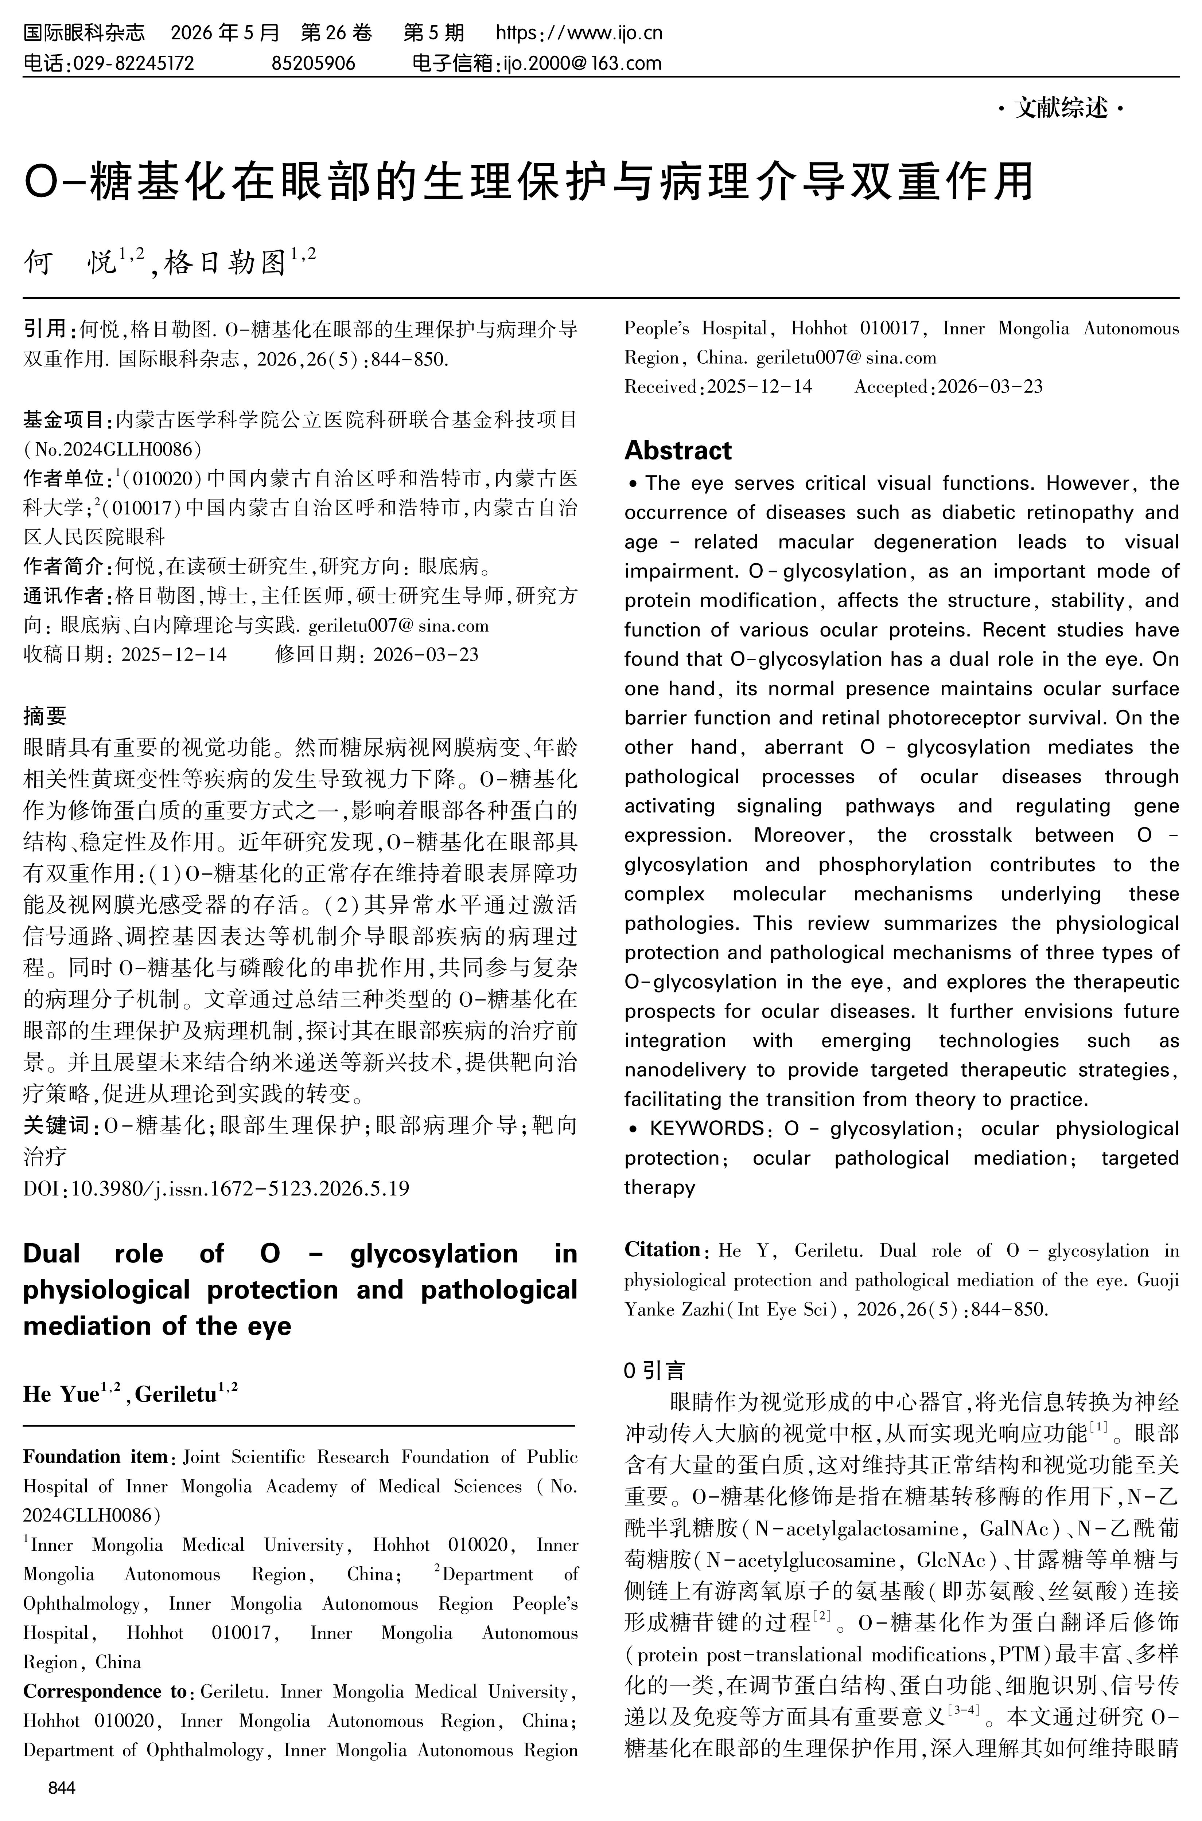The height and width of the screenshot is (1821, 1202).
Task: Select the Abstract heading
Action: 678,450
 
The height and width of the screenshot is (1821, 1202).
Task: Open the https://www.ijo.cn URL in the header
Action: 579,33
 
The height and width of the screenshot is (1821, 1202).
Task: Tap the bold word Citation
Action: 662,1249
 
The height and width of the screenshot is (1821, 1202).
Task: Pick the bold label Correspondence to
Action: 105,1691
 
